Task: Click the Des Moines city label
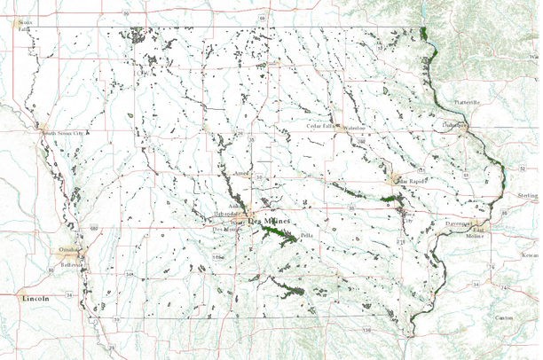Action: point(268,221)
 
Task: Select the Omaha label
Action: point(67,251)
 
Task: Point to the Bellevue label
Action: point(72,264)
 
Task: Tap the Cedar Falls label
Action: point(320,127)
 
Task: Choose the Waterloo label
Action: point(354,128)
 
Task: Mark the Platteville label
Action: point(468,103)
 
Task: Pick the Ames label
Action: point(240,174)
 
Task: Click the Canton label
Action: point(504,317)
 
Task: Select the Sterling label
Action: point(528,194)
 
